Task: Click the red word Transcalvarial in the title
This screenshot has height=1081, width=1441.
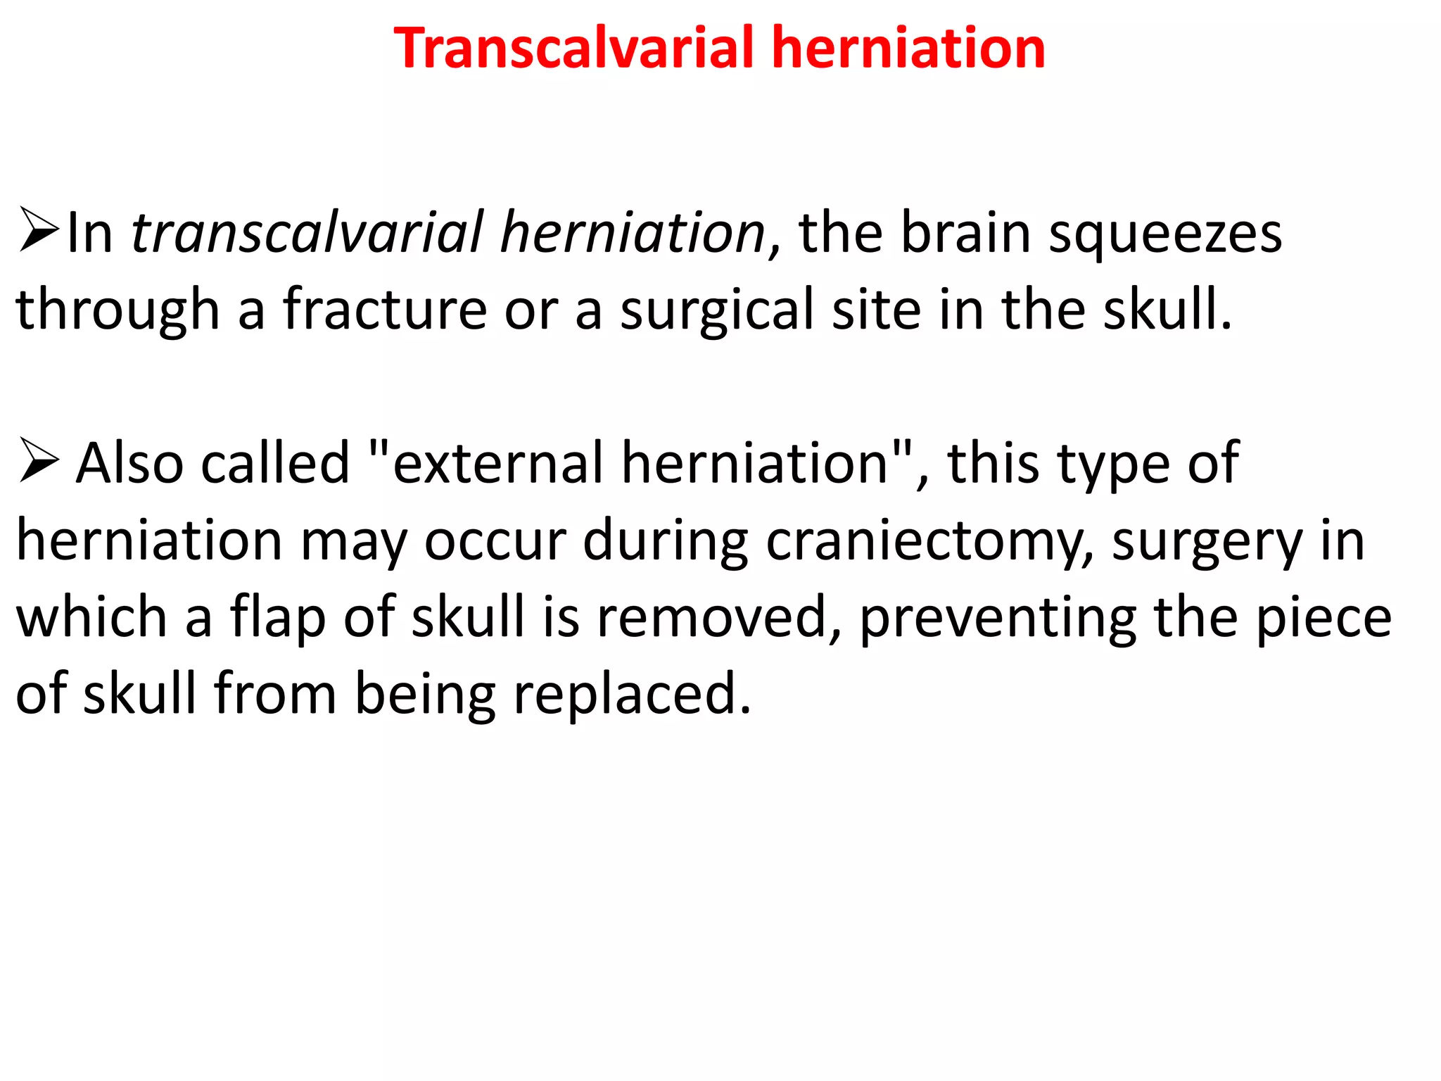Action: [573, 48]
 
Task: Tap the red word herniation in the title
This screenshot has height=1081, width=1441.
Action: [908, 48]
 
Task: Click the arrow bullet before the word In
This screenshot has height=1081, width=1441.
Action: [39, 229]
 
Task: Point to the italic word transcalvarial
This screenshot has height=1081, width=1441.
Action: [307, 232]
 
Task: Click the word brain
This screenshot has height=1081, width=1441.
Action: [966, 232]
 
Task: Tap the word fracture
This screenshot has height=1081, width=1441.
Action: [385, 309]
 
